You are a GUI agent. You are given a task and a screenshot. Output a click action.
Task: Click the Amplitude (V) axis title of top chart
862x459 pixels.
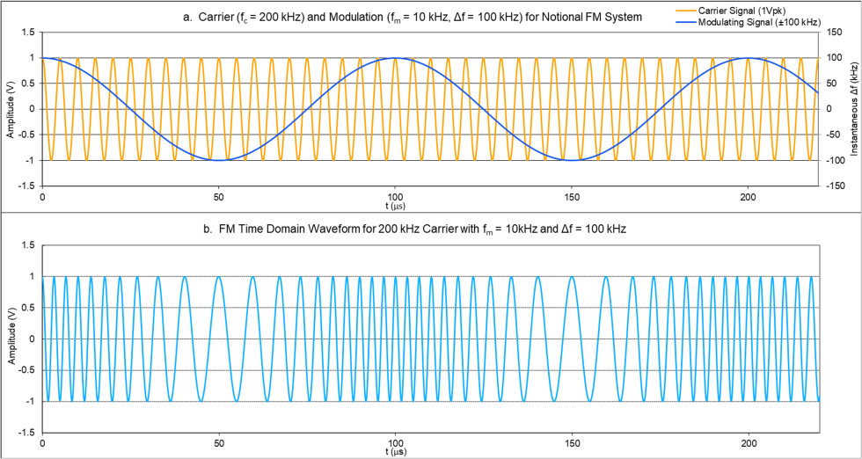9,109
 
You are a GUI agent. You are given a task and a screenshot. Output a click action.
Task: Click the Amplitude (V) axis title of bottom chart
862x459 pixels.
9,339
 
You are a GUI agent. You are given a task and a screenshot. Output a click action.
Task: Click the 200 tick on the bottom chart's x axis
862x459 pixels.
749,442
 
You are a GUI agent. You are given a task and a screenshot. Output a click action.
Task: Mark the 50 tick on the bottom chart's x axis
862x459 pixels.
219,442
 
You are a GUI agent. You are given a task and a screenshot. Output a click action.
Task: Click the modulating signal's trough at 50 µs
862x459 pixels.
219,160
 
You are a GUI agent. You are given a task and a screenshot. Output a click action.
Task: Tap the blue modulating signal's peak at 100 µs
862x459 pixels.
396,58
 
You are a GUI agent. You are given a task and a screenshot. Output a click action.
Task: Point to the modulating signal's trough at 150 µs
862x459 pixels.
573,160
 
